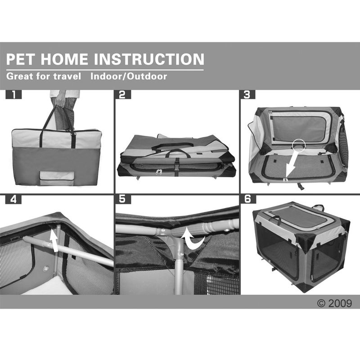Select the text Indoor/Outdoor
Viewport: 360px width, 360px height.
click(x=129, y=76)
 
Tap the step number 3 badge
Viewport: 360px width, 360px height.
click(x=247, y=95)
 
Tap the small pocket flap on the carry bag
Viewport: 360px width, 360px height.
click(x=57, y=176)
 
